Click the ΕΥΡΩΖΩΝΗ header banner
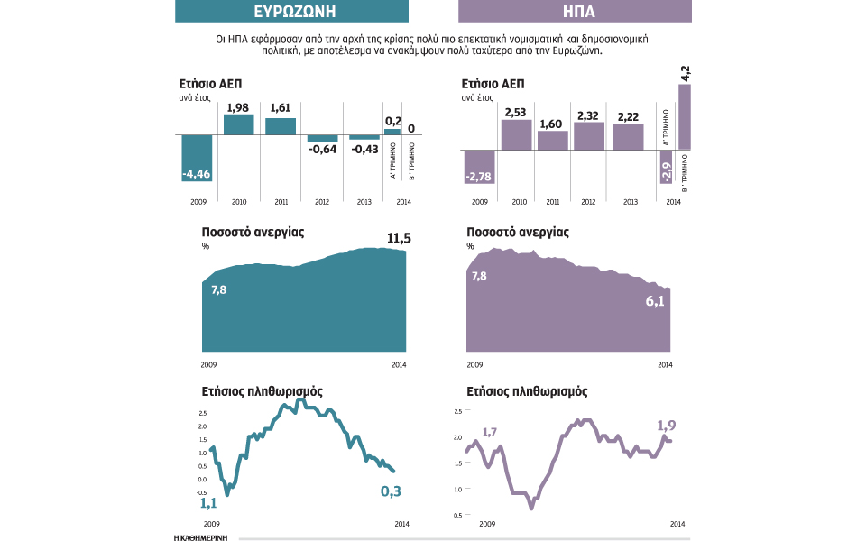pyautogui.click(x=290, y=11)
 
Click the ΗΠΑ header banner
pyautogui.click(x=575, y=11)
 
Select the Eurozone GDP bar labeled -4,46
pyautogui.click(x=197, y=159)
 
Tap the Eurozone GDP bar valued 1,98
pyautogui.click(x=238, y=125)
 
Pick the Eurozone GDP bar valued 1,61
pyautogui.click(x=280, y=127)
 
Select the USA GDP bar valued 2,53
pyautogui.click(x=515, y=133)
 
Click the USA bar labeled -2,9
pyautogui.click(x=666, y=166)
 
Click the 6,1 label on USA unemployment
pyautogui.click(x=654, y=302)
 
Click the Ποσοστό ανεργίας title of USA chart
pyautogui.click(x=518, y=232)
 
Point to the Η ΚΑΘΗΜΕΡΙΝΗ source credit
pyautogui.click(x=199, y=536)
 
